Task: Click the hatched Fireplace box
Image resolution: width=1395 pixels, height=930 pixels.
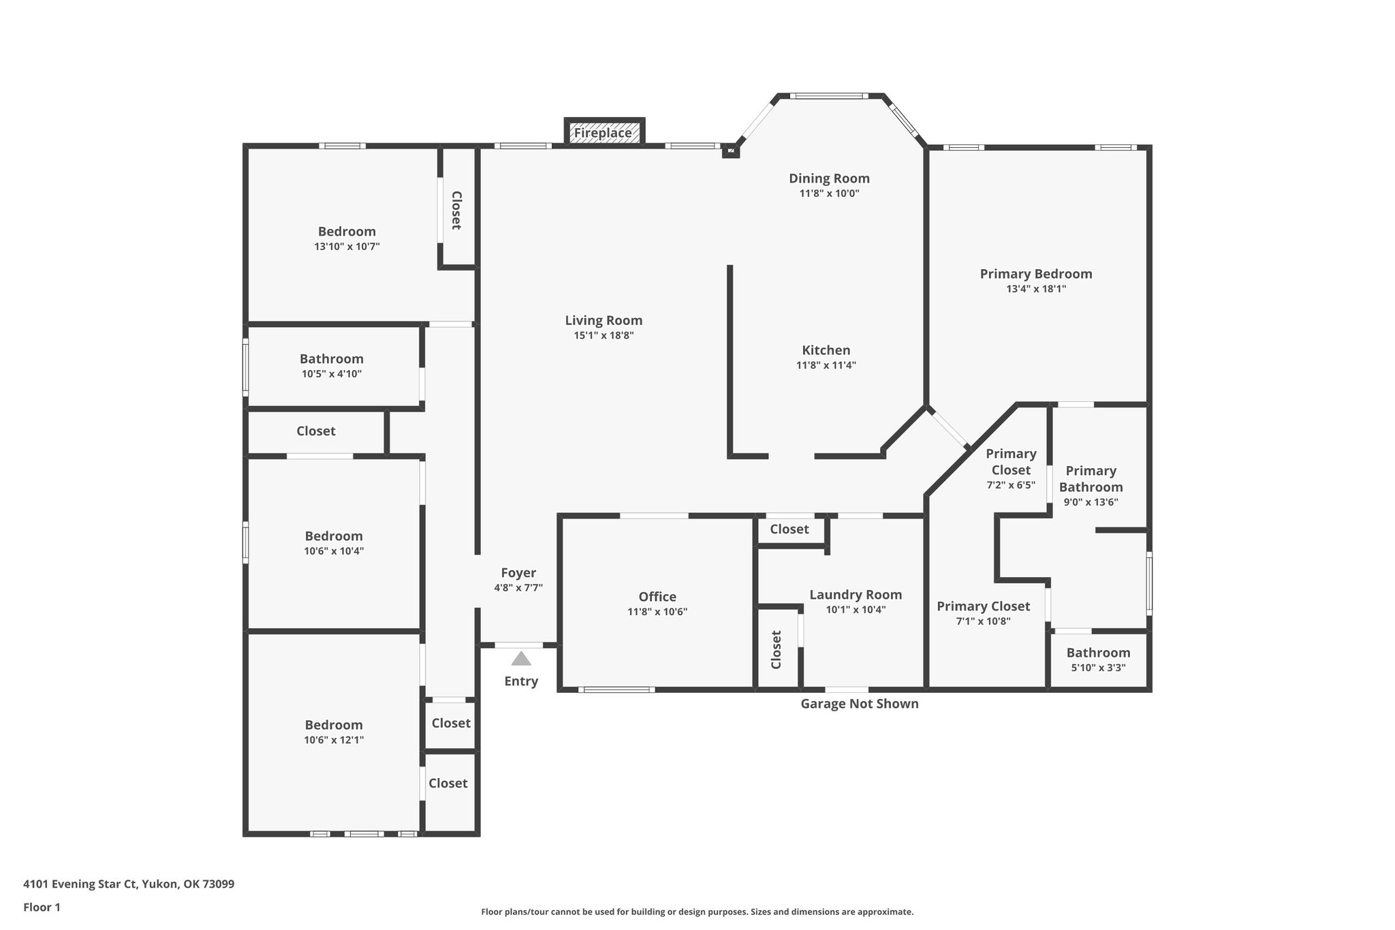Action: tap(604, 132)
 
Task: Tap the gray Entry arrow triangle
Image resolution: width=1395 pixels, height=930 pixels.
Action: tap(521, 658)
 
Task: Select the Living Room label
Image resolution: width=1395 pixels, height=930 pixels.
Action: tap(604, 320)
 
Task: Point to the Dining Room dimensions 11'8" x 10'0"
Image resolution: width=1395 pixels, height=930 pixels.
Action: tap(829, 193)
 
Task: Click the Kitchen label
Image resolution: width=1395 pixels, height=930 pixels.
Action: tap(826, 350)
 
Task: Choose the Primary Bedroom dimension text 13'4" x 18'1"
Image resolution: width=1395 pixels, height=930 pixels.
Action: tap(1036, 289)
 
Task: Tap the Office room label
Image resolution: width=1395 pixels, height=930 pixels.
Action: tap(657, 597)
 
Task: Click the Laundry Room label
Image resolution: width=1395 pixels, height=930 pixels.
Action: tap(856, 595)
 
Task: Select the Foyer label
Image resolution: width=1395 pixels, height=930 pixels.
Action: tap(518, 573)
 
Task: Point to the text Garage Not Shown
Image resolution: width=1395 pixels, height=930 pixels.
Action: tap(860, 704)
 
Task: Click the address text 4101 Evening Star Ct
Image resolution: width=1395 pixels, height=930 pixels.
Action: tap(80, 884)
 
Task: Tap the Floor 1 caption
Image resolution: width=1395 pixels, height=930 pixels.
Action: tap(42, 907)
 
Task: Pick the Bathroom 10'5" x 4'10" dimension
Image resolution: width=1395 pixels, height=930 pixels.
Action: tap(332, 374)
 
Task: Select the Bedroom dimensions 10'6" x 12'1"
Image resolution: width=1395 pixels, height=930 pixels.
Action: tap(334, 740)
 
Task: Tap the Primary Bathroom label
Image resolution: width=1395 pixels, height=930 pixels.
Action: tap(1091, 479)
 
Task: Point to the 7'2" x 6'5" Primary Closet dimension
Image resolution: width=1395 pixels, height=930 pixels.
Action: tap(1011, 486)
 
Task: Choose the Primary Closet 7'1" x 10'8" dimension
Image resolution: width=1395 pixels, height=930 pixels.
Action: tap(983, 621)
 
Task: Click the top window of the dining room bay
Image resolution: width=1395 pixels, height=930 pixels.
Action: tap(830, 96)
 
